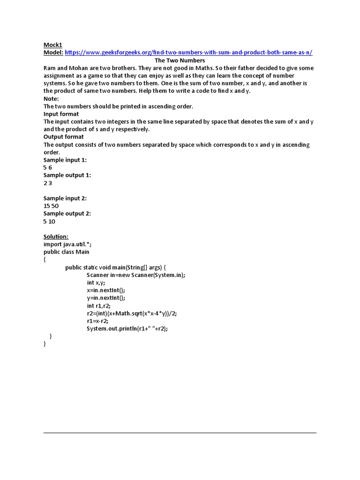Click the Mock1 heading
pos(53,45)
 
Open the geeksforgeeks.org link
pos(188,52)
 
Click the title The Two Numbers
pos(180,60)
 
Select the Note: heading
pos(51,98)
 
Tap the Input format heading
pos(61,114)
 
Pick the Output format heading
pos(64,137)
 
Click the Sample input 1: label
pos(65,160)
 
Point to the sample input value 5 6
pos(48,167)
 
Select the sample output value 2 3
pos(48,183)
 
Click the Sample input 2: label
pos(65,198)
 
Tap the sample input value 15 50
pos(51,206)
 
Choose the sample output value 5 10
pos(50,221)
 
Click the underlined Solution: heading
pos(56,237)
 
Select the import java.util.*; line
pos(71,244)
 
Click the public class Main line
pos(67,252)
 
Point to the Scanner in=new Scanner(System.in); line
pos(136,275)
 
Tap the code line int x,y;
pos(96,283)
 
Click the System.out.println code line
pos(127,329)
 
